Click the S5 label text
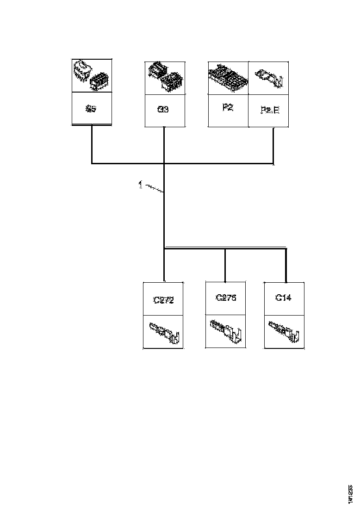(x=91, y=110)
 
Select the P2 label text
(x=227, y=107)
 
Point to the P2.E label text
(x=270, y=111)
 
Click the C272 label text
(x=163, y=300)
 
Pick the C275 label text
(x=226, y=298)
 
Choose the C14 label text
(x=283, y=298)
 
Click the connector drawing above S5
(x=92, y=75)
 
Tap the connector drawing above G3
(x=164, y=77)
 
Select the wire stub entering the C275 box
(x=225, y=266)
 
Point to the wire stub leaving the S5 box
(x=92, y=143)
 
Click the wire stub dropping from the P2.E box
(x=273, y=145)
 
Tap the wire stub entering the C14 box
(x=286, y=266)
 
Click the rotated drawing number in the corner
(x=351, y=493)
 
